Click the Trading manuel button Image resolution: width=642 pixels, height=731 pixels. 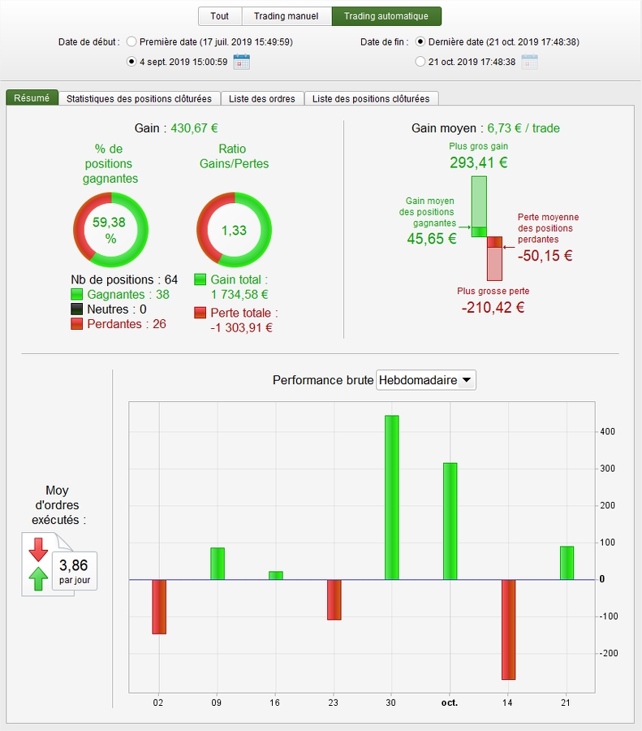point(286,16)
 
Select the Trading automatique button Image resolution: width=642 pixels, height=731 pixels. point(386,16)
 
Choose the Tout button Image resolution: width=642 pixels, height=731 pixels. point(219,16)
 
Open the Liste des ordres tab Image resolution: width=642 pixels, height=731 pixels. point(262,98)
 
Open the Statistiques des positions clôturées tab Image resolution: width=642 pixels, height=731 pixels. point(139,98)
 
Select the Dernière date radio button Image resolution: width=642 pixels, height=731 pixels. point(420,41)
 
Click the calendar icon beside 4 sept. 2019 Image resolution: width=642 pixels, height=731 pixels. point(241,61)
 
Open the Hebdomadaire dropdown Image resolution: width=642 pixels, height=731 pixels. point(426,380)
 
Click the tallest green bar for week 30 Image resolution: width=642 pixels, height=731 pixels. point(392,497)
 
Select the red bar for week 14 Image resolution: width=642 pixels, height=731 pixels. point(508,629)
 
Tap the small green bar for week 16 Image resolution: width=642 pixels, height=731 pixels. point(276,575)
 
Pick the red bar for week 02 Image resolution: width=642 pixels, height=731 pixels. point(159,606)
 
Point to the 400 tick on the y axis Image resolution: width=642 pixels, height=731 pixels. point(607,431)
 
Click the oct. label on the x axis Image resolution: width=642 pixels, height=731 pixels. point(449,702)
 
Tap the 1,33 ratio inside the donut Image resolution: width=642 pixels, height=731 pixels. point(234,231)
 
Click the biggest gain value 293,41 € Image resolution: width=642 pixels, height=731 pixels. point(479,162)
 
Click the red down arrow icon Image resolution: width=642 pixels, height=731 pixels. point(38,550)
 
